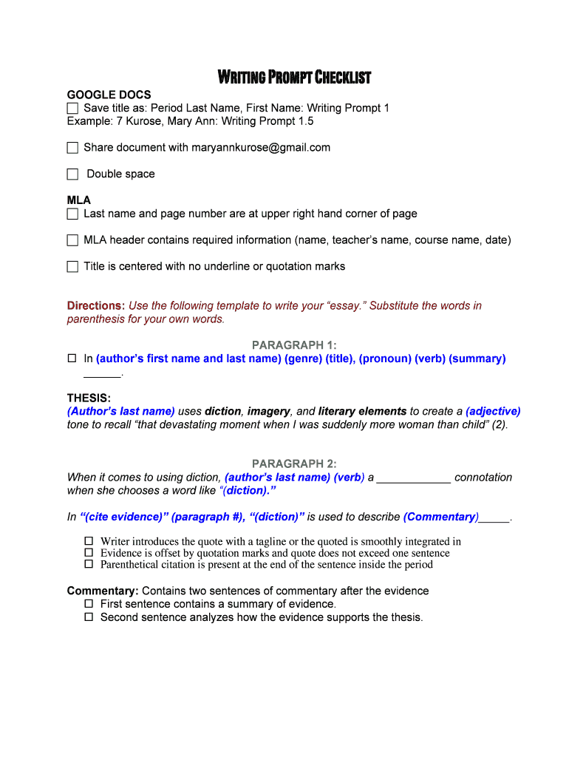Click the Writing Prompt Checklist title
pos(294,78)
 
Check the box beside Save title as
pos(72,109)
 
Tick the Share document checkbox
pos(72,148)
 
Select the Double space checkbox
pos(72,174)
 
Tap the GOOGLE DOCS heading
pos(109,95)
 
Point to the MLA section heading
pos(79,200)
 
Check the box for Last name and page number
pos(72,214)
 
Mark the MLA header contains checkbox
pos(72,240)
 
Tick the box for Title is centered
pos(72,267)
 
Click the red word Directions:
pos(96,305)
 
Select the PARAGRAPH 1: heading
pos(294,345)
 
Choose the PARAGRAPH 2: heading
pos(294,464)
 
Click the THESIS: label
pos(89,398)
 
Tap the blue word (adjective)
pos(493,411)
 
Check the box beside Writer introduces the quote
pos(89,541)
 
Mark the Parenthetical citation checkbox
pos(89,564)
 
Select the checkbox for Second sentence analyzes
pos(89,617)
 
